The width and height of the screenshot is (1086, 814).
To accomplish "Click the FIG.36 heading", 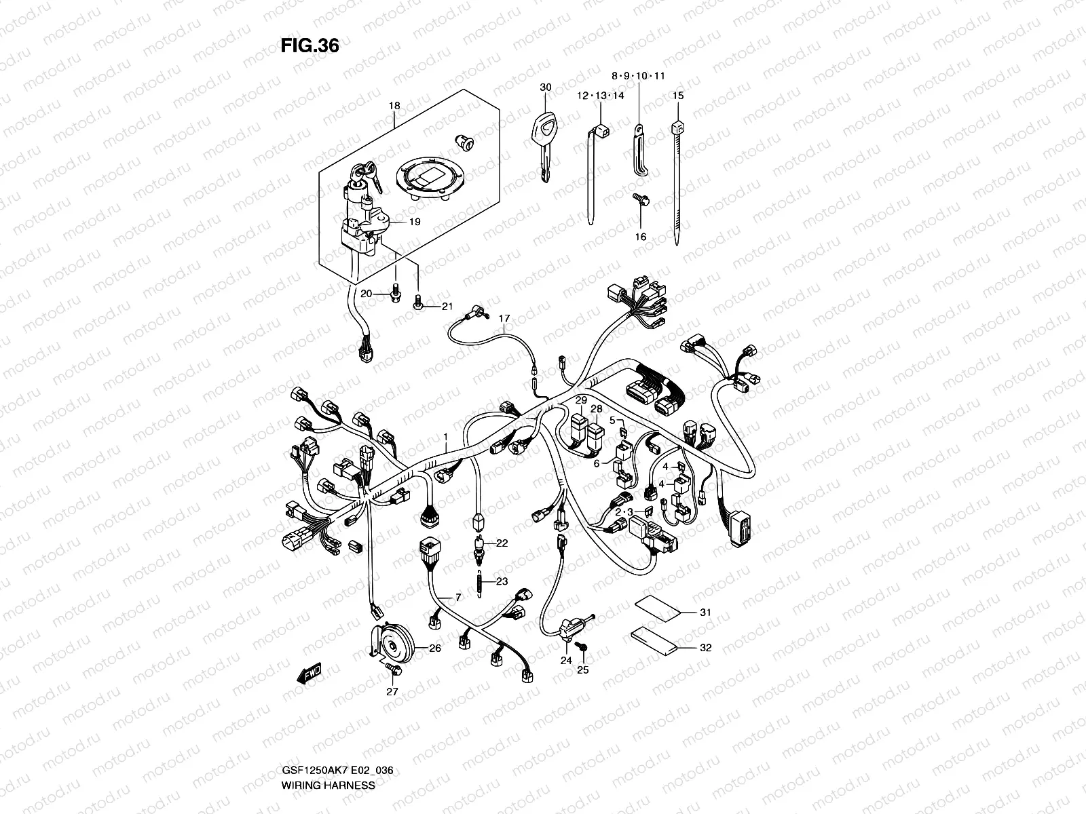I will pos(310,46).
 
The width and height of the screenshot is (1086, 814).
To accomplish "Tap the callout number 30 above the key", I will pos(546,88).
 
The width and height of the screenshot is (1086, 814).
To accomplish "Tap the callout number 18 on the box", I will pos(394,106).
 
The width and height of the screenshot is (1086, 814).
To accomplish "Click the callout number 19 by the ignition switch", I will pos(415,222).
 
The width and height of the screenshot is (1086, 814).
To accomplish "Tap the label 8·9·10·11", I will pos(637,76).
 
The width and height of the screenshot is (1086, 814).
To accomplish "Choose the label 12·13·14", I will pos(601,96).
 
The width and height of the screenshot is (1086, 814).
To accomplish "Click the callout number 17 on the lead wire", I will pos(504,318).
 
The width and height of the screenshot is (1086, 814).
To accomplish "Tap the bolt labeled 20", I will pos(397,296).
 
